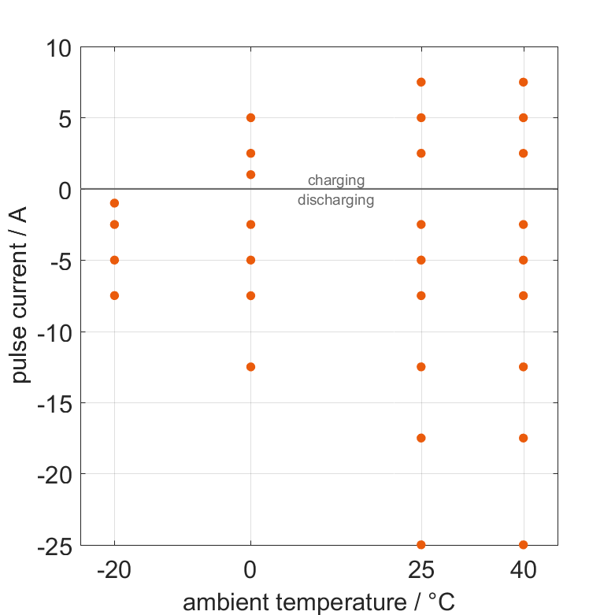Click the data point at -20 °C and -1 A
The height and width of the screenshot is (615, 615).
point(114,203)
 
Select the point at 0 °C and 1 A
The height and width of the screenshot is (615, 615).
point(250,175)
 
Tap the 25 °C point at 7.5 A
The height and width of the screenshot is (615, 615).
point(421,82)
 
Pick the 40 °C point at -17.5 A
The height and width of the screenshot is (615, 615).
point(523,438)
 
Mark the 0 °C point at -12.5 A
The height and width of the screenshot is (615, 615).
point(250,367)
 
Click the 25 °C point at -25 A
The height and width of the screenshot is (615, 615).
point(421,544)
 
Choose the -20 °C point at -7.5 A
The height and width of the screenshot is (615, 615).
point(114,295)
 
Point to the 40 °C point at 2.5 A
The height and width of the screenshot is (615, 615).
point(523,154)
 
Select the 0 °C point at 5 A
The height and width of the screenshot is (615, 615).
point(250,118)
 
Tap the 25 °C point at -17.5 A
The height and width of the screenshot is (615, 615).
point(421,438)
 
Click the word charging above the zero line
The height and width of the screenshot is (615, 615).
point(336,181)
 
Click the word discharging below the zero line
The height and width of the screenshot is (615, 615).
point(335,200)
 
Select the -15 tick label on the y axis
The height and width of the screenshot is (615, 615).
point(53,403)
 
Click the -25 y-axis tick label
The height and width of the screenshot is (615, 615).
point(53,545)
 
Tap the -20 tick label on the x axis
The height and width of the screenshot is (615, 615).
point(114,569)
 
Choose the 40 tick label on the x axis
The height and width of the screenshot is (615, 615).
point(523,569)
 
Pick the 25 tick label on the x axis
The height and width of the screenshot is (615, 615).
point(421,569)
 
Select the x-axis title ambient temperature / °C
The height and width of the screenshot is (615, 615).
point(319,602)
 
